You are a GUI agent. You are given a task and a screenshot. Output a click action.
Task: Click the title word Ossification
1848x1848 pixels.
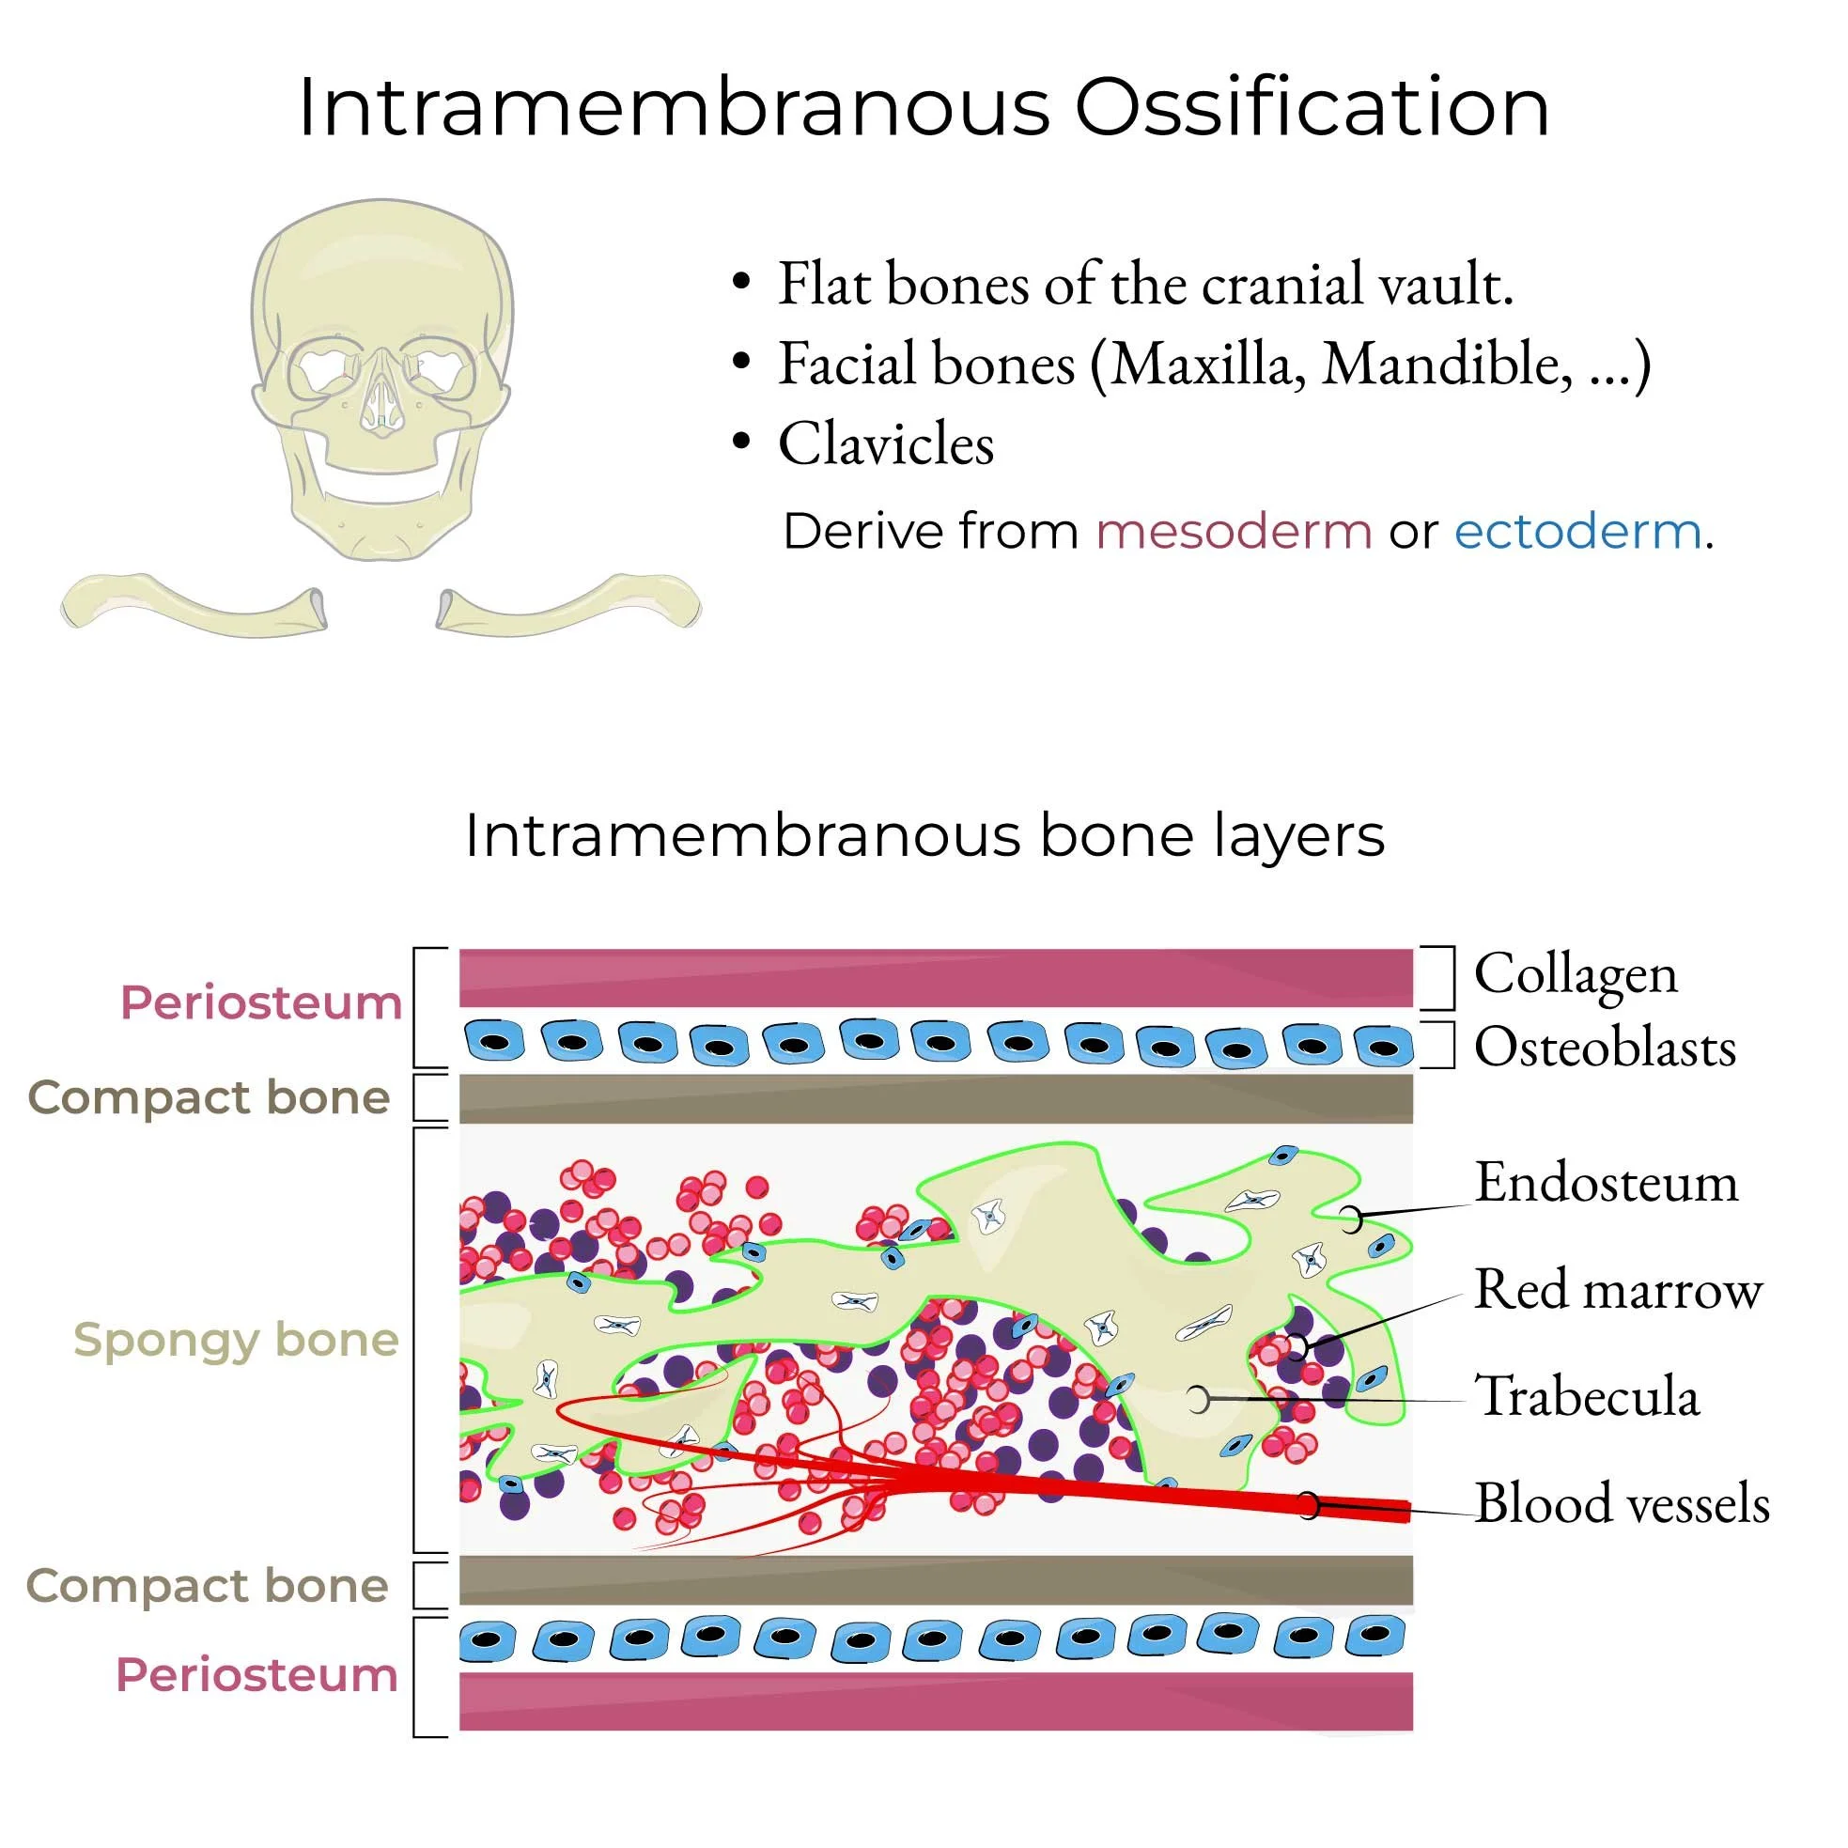pos(1311,107)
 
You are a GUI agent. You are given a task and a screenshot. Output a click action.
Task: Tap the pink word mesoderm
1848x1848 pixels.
pos(1233,531)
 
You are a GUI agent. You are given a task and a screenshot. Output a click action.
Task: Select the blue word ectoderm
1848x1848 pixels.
pos(1577,531)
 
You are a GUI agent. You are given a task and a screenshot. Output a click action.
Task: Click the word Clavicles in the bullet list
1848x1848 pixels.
pos(886,443)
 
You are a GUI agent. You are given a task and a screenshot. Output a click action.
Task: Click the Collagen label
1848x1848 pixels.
pos(1576,974)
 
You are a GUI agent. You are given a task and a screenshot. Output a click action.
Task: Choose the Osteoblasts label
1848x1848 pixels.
pos(1604,1047)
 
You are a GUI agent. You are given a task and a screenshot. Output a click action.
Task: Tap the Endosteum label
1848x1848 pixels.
pos(1606,1183)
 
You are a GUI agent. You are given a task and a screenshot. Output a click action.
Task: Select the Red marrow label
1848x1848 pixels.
pos(1618,1290)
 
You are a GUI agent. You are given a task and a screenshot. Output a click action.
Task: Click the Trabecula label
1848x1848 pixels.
pos(1587,1396)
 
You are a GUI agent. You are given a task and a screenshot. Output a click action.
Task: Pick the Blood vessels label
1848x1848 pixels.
pos(1622,1503)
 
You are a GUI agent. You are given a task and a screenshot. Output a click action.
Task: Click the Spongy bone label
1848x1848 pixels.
pos(236,1339)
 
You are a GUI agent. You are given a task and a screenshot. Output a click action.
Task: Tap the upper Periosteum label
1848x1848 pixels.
pos(261,1002)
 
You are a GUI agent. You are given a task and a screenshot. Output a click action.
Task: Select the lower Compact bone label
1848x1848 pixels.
pos(208,1586)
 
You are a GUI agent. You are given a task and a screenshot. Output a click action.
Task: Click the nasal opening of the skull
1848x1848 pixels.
pos(380,402)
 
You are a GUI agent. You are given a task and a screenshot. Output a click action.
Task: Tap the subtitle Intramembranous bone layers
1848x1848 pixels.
pos(924,836)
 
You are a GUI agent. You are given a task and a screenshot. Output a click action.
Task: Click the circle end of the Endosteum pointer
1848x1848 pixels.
pos(1350,1219)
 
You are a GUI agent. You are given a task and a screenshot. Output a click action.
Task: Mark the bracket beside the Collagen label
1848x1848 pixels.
pos(1444,978)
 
